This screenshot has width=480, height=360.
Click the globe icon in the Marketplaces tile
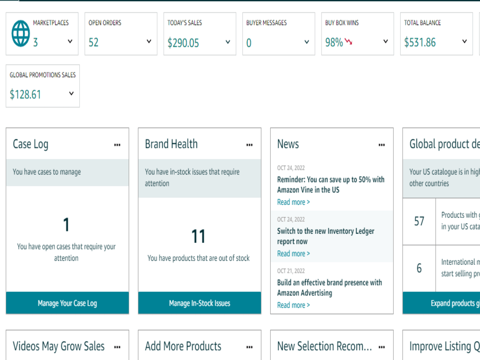[x=21, y=34]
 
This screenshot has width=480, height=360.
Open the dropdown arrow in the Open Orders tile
[x=149, y=41]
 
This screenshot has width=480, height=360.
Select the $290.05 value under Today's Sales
[x=183, y=43]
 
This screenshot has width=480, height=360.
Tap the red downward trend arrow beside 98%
[x=348, y=41]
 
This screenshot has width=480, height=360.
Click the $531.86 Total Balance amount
[x=420, y=42]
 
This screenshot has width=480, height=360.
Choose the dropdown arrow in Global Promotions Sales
[x=72, y=94]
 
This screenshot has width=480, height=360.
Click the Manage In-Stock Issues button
[x=200, y=303]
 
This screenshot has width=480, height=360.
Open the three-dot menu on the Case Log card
[x=117, y=145]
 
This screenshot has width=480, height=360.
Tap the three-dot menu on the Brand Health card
[x=250, y=145]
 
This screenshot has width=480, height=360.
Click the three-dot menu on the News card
[x=382, y=145]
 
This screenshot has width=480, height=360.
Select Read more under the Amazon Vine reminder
[x=293, y=202]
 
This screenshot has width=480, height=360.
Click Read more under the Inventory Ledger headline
[x=293, y=253]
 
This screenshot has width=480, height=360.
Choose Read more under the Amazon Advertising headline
[x=293, y=305]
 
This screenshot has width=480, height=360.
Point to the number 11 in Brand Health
[x=198, y=236]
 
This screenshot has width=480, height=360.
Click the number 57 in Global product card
[x=419, y=221]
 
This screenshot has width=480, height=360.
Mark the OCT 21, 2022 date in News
[x=291, y=271]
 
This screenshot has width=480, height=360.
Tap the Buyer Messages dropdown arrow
[x=307, y=42]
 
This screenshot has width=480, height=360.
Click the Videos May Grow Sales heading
[x=59, y=346]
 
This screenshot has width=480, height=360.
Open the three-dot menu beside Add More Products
[x=250, y=347]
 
